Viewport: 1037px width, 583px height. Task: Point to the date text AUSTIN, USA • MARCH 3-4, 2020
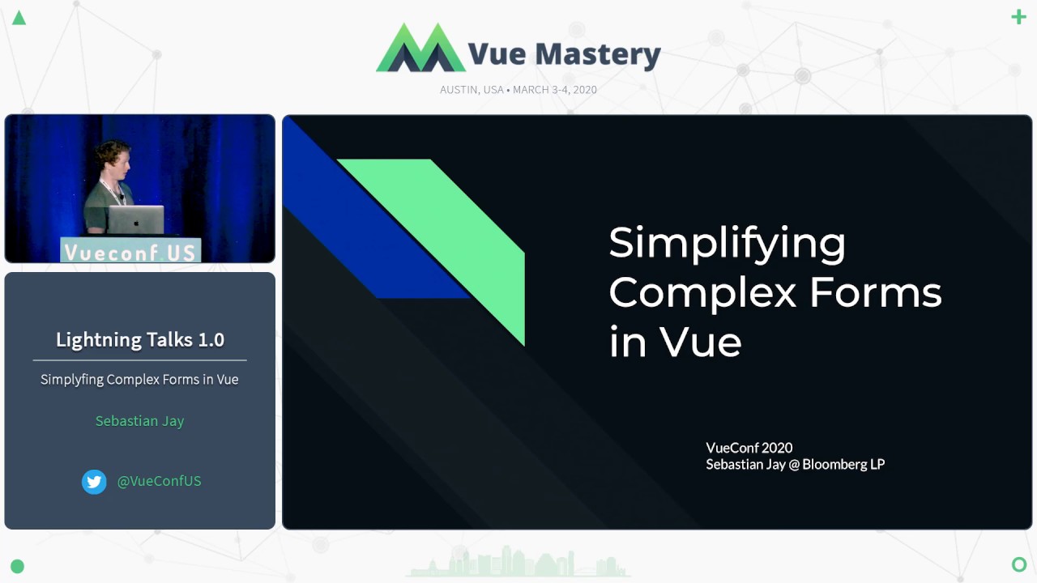pyautogui.click(x=518, y=90)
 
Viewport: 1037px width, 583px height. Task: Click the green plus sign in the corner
pyautogui.click(x=1018, y=17)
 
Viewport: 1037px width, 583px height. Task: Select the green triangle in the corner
pyautogui.click(x=19, y=18)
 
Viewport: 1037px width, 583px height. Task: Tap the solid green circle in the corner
pyautogui.click(x=17, y=566)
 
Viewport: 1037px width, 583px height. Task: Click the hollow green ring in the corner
pyautogui.click(x=1019, y=564)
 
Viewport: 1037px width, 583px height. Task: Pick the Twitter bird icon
pyautogui.click(x=94, y=482)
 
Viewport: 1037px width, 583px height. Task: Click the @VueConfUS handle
pyautogui.click(x=159, y=481)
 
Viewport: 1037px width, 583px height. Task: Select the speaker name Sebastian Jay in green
pyautogui.click(x=139, y=421)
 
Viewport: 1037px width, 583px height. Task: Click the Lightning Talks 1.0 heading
pyautogui.click(x=139, y=339)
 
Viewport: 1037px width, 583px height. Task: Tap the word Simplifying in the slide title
pyautogui.click(x=727, y=243)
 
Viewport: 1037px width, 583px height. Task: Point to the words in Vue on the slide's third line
pyautogui.click(x=675, y=342)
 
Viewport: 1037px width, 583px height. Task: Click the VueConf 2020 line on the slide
pyautogui.click(x=749, y=448)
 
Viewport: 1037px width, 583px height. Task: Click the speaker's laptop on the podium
pyautogui.click(x=136, y=220)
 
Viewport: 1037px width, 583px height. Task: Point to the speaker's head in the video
pyautogui.click(x=112, y=160)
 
